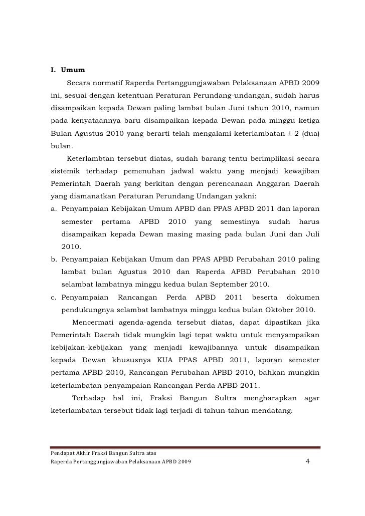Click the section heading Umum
point(73,69)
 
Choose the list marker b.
point(54,260)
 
